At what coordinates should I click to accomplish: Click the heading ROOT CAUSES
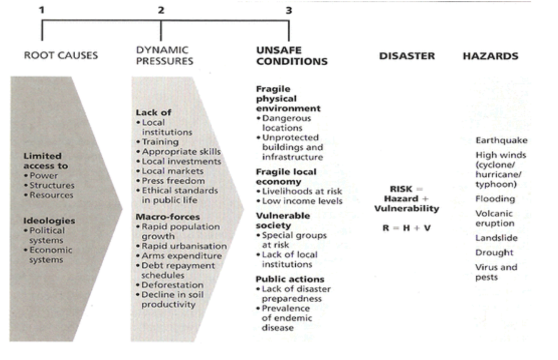[x=61, y=55]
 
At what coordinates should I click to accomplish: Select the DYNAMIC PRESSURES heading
[x=164, y=55]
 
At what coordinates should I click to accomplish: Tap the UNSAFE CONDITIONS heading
[x=292, y=56]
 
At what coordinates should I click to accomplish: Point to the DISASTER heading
[x=407, y=56]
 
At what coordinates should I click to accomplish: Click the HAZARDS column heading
[x=490, y=56]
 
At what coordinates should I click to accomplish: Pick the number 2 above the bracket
[x=161, y=10]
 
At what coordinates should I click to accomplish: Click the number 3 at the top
[x=289, y=10]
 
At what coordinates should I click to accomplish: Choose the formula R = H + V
[x=406, y=229]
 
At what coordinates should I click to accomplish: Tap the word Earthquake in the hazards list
[x=501, y=141]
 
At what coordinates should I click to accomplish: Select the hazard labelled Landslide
[x=496, y=238]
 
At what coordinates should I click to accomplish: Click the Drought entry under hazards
[x=494, y=253]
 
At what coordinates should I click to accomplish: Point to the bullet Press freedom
[x=173, y=181]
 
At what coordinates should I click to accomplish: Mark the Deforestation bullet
[x=172, y=285]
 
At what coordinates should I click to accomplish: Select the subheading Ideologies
[x=49, y=221]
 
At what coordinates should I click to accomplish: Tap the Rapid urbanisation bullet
[x=184, y=246]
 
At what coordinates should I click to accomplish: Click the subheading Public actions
[x=290, y=279]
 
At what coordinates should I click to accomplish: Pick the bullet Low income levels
[x=302, y=201]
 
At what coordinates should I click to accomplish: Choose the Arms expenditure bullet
[x=181, y=256]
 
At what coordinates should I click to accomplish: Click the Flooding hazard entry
[x=495, y=199]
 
